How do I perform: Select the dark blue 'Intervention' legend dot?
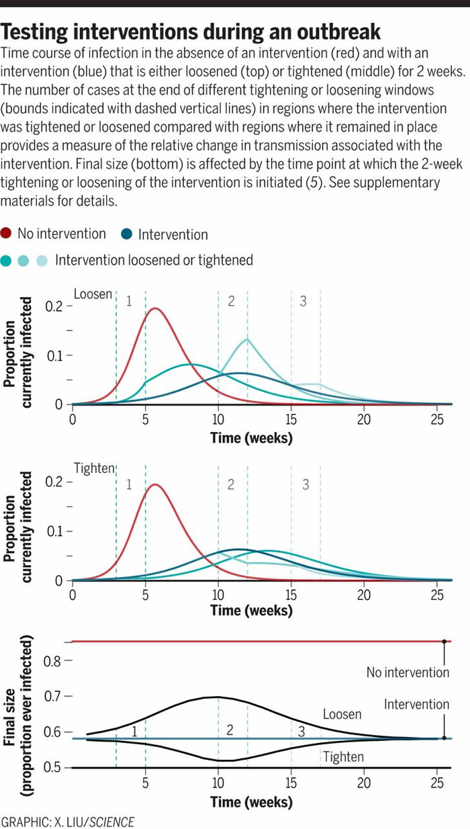[127, 234]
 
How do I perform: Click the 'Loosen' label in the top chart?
[93, 294]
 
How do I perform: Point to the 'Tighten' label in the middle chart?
[94, 468]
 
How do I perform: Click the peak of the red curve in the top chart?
[155, 308]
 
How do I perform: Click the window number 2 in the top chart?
[231, 302]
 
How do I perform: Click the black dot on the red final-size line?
[444, 642]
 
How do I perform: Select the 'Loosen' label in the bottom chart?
[342, 714]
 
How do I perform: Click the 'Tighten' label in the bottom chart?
[343, 757]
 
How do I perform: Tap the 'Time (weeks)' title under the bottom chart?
[251, 802]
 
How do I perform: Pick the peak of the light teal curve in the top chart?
[247, 339]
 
